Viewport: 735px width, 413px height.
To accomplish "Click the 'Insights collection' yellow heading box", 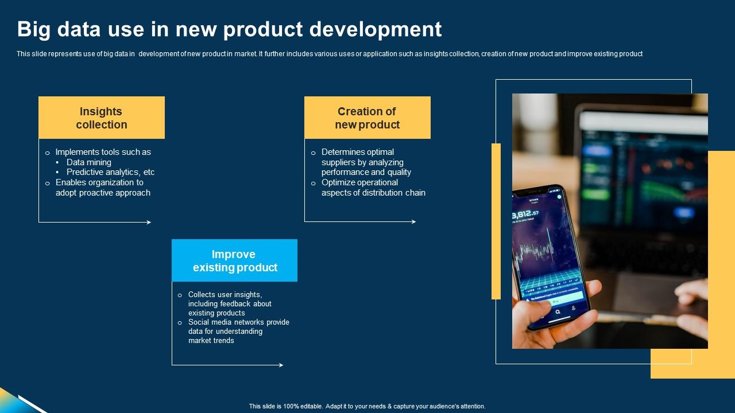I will coord(102,118).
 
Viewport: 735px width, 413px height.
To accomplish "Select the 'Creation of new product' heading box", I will coord(367,118).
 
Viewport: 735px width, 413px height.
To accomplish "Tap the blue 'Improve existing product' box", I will coord(234,260).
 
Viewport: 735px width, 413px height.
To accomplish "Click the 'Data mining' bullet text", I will coord(89,162).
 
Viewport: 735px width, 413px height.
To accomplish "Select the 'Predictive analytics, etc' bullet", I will coord(110,172).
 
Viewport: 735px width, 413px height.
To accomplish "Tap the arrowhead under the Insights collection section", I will coord(149,222).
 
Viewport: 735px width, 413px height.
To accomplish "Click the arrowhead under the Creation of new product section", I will coord(413,221).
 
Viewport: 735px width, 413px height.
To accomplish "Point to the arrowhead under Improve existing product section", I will coord(281,365).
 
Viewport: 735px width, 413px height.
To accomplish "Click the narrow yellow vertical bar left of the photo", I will coord(496,221).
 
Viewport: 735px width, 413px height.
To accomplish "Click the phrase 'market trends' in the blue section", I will coord(211,341).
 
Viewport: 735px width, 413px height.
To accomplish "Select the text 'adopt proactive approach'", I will coord(103,193).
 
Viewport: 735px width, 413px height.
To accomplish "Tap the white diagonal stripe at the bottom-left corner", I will coord(32,404).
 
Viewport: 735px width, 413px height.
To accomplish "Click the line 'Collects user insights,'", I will coord(225,294).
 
